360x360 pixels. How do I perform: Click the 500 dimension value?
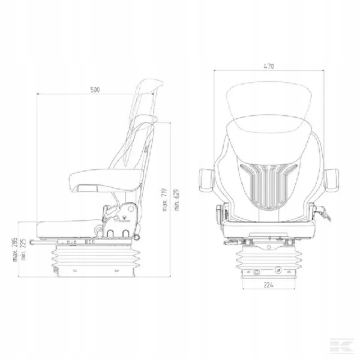95,89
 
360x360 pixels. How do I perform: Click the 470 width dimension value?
269,66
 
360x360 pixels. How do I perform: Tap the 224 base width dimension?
268,285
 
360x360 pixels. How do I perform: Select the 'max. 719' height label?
165,200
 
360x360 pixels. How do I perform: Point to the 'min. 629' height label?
176,200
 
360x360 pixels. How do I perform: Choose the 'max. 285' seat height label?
15,250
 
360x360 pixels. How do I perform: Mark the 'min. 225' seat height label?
23,250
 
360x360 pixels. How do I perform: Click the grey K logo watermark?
341,345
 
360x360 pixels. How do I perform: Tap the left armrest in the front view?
206,180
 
